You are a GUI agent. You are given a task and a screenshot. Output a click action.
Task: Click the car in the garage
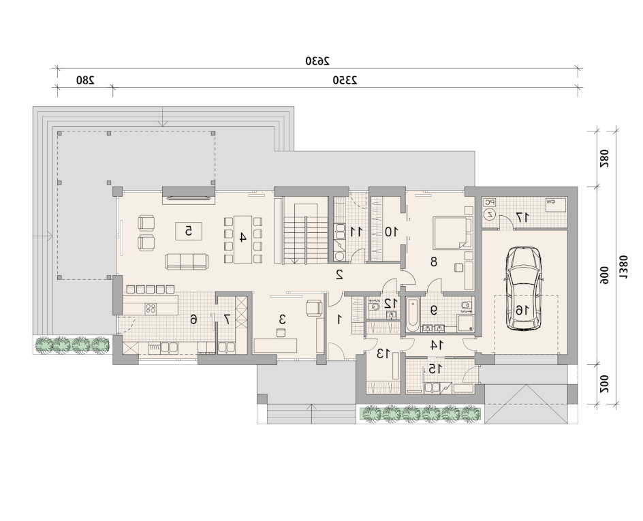tap(523, 288)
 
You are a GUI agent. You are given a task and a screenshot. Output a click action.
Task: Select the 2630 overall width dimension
tap(317, 61)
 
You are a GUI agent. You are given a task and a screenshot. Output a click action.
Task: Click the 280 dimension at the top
tap(85, 80)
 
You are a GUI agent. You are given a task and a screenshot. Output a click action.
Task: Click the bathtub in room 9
tap(412, 315)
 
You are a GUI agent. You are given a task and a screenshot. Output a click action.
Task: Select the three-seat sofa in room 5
tap(187, 262)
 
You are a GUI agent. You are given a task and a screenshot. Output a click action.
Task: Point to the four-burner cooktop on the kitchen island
tap(151, 308)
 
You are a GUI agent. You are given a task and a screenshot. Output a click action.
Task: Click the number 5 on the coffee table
tap(188, 231)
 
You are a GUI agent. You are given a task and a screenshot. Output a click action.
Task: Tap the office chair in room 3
tap(315, 308)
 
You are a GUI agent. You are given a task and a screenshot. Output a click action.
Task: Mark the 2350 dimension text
tap(345, 80)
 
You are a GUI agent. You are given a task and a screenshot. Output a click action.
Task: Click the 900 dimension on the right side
tap(605, 275)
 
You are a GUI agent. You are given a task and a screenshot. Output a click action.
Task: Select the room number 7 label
tap(227, 319)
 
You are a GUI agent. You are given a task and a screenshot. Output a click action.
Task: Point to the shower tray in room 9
tap(466, 323)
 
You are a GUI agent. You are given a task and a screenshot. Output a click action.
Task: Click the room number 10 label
tap(391, 232)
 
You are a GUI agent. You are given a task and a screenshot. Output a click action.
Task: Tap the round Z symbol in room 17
tap(490, 214)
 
